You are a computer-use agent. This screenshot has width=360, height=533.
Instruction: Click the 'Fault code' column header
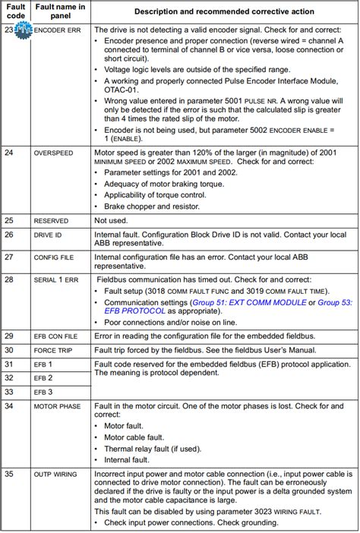tap(15, 12)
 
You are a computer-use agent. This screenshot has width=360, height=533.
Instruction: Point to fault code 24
tap(9, 153)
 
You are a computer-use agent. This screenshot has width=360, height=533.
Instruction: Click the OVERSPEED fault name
tap(53, 153)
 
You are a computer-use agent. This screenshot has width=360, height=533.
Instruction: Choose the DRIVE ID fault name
tap(47, 235)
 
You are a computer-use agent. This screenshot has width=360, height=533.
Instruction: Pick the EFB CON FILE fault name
tap(58, 336)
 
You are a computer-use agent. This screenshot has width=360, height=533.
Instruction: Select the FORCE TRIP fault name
tap(53, 350)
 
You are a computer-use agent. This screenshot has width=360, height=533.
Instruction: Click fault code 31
tap(9, 364)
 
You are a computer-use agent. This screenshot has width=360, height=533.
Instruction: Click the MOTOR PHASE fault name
tap(58, 406)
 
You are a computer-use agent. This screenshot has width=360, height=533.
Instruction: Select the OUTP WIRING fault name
tap(55, 475)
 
